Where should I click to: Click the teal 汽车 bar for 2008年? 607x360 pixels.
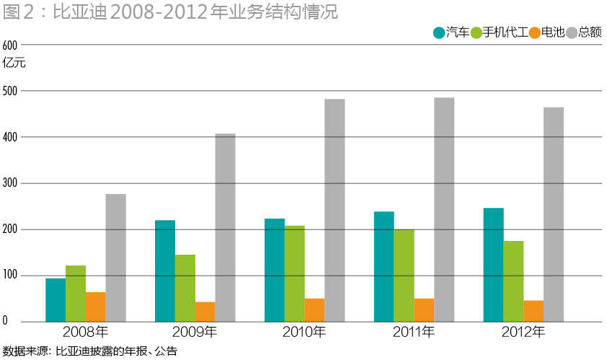[56, 300]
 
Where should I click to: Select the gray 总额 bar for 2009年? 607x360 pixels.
[225, 228]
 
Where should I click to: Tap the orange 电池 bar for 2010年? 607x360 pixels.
[314, 310]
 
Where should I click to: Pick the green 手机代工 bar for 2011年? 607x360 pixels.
[404, 276]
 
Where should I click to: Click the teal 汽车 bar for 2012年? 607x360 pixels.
[493, 265]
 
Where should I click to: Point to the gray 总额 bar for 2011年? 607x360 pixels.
[444, 210]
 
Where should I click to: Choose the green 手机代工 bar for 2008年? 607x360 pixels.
[76, 294]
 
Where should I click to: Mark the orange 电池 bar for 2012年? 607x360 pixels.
[533, 311]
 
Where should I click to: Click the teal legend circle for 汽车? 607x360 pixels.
[438, 32]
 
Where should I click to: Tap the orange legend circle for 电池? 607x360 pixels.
[534, 32]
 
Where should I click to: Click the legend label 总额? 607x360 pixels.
[590, 32]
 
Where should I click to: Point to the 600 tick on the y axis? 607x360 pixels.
[10, 45]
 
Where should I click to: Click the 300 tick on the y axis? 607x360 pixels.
[10, 183]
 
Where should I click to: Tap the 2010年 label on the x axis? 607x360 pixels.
[303, 333]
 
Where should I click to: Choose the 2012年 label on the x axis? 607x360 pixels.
[523, 333]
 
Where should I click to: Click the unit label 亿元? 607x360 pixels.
[14, 62]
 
